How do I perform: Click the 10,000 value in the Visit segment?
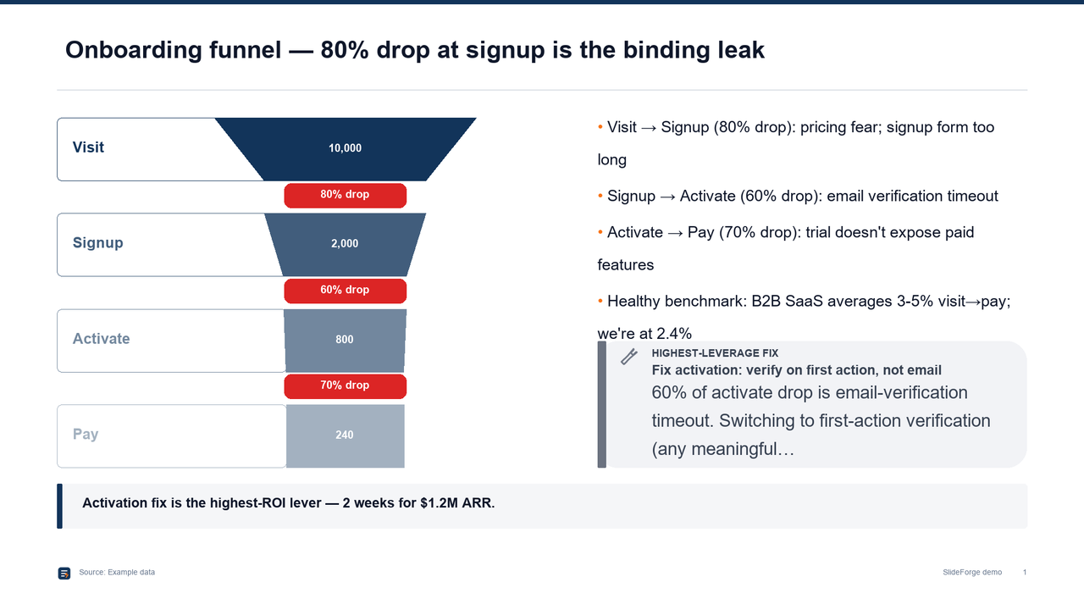(x=345, y=148)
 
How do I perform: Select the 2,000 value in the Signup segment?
(x=345, y=243)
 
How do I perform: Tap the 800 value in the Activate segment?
(x=345, y=340)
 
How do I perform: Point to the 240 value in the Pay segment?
(x=345, y=435)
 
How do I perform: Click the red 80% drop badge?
(x=345, y=195)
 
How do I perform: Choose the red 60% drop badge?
(x=345, y=291)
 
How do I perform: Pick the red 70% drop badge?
(x=345, y=385)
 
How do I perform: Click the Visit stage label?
(x=88, y=147)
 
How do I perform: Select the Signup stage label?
(x=97, y=242)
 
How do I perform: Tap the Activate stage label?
(x=101, y=338)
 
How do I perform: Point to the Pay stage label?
(x=86, y=435)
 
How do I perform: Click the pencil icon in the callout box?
(x=629, y=357)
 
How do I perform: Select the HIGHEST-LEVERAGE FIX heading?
(x=715, y=353)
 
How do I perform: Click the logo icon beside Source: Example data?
(x=64, y=574)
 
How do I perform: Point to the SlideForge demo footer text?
(x=972, y=572)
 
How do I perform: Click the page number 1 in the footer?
(x=1025, y=572)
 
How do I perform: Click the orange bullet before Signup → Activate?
(x=600, y=196)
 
